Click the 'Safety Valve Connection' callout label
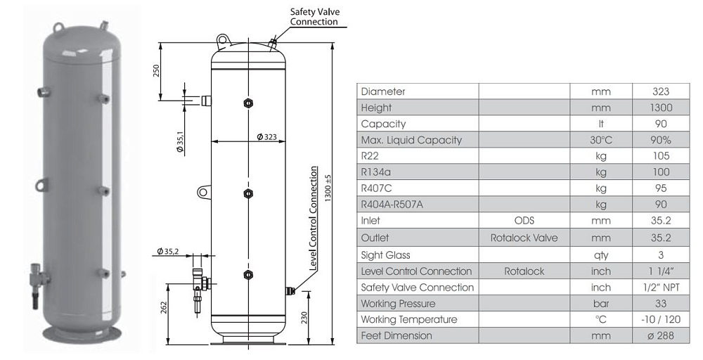coord(314,17)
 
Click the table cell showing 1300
coord(661,108)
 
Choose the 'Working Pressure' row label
coord(398,304)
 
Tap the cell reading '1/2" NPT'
coord(661,287)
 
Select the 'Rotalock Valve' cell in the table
coord(524,238)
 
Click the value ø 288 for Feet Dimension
coord(661,336)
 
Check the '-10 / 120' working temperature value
coord(661,320)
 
